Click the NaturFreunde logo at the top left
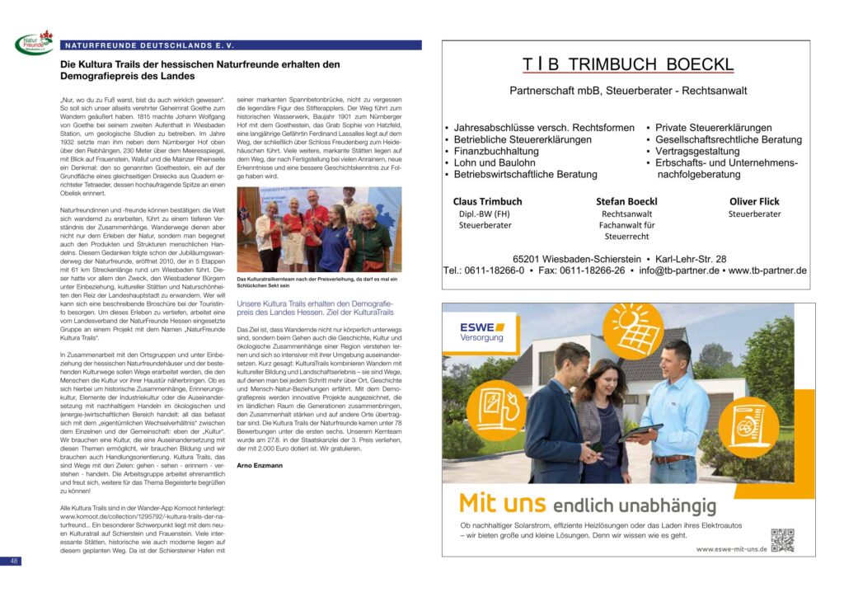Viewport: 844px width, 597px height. tap(33, 43)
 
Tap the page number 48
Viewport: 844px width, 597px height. tap(14, 561)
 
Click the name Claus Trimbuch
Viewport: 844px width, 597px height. tap(487, 201)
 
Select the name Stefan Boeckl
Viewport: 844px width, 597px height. tap(626, 201)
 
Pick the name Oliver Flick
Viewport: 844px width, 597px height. tap(754, 201)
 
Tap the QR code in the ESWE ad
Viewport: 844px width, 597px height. tap(782, 539)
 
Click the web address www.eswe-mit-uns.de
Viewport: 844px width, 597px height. tap(731, 548)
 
